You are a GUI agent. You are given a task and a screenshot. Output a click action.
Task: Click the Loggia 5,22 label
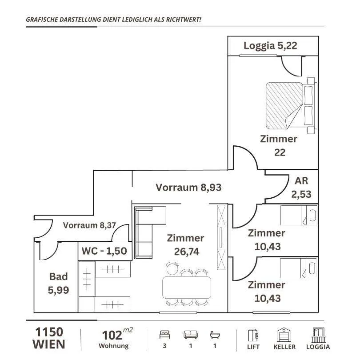coord(270,46)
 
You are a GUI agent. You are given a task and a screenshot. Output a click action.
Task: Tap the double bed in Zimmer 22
coord(292,106)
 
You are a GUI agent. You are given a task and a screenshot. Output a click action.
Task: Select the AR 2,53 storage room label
coord(301,188)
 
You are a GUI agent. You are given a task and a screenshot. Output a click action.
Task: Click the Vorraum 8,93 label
coord(188,188)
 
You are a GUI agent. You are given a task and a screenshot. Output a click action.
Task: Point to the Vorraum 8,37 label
coord(89,225)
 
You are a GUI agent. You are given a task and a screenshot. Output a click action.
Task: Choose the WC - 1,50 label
coord(104,251)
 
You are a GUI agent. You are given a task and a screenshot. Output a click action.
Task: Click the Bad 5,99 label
coord(58,283)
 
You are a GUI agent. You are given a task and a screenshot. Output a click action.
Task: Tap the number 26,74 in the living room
coord(186,252)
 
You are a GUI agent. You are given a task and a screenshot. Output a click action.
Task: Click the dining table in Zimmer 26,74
coord(186,288)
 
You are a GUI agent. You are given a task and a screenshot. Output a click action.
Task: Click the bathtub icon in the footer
coord(215,335)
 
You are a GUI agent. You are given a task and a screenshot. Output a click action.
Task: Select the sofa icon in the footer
coord(191,335)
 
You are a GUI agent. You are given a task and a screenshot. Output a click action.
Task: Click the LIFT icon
coord(253,336)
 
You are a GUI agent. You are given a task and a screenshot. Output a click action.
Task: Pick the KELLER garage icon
coord(284,335)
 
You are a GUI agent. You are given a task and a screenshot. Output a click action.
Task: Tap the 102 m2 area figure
coord(117,334)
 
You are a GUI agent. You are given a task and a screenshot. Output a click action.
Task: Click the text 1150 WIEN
coord(49,338)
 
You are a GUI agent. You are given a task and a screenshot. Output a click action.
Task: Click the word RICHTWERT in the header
coord(184,20)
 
